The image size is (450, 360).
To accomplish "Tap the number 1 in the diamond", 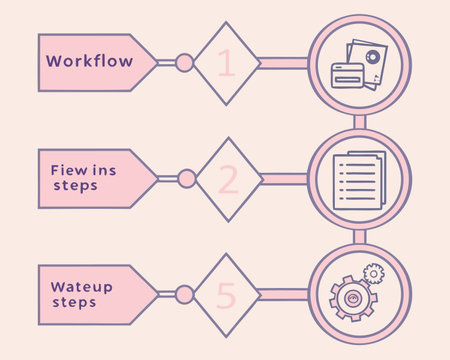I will pyautogui.click(x=225, y=63).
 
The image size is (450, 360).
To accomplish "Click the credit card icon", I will pyautogui.click(x=349, y=74).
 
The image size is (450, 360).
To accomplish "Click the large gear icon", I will pyautogui.click(x=352, y=296).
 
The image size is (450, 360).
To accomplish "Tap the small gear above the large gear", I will pyautogui.click(x=374, y=273).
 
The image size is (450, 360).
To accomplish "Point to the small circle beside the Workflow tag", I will pyautogui.click(x=184, y=63).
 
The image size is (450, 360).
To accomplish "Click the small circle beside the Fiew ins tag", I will pyautogui.click(x=184, y=179).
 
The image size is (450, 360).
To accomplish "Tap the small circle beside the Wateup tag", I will pyautogui.click(x=184, y=294).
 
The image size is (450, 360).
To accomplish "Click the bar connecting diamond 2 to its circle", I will pyautogui.click(x=284, y=179).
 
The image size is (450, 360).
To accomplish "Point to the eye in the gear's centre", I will pyautogui.click(x=352, y=297).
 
